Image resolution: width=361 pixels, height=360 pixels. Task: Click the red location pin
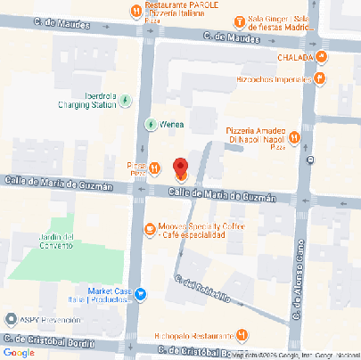[x=179, y=168]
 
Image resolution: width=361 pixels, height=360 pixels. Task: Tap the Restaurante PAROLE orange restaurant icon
[x=135, y=11]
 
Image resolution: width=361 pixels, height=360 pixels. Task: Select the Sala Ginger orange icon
[x=238, y=21]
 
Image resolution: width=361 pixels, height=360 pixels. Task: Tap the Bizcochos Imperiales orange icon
[x=319, y=78]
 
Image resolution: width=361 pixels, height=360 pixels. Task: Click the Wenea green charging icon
[x=151, y=123]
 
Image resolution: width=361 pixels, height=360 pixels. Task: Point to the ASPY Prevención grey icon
[x=10, y=317]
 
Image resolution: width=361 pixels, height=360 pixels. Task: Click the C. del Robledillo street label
[x=204, y=290]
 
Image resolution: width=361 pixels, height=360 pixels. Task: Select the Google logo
[x=19, y=353]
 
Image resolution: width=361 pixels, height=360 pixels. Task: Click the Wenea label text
[x=175, y=124]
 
